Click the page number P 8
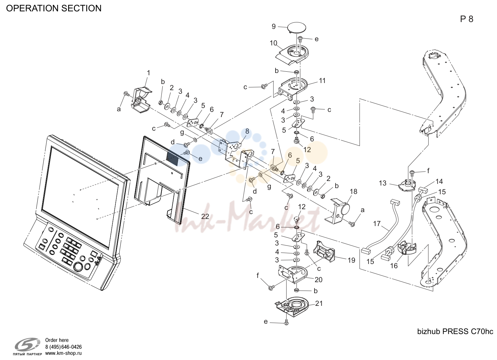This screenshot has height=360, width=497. (x=467, y=19)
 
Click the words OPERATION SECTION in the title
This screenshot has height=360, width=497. (x=54, y=8)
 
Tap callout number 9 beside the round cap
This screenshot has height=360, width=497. (x=274, y=26)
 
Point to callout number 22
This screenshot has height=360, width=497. (x=205, y=216)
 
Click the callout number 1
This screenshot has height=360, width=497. (x=148, y=73)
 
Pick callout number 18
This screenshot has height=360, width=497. (x=353, y=192)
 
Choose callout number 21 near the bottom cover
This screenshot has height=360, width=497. (x=319, y=303)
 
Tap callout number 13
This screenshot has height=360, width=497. (x=383, y=183)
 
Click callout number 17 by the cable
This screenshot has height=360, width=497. (x=377, y=223)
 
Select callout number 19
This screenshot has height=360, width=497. (x=351, y=260)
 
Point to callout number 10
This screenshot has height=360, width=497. (x=273, y=43)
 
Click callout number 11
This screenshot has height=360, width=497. (x=322, y=80)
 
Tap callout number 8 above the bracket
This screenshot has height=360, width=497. (x=247, y=131)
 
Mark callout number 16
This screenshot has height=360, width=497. (x=394, y=266)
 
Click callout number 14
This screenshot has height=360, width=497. (x=439, y=181)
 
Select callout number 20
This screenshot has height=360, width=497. (x=318, y=280)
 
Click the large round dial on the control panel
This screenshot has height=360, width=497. (x=78, y=267)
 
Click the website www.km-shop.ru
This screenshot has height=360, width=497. (x=64, y=353)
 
